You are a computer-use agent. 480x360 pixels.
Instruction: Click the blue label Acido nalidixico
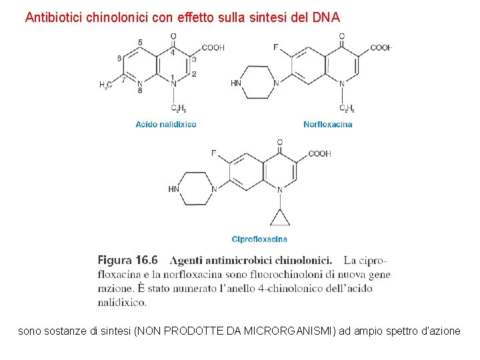166,124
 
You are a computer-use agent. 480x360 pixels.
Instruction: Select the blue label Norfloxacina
328,124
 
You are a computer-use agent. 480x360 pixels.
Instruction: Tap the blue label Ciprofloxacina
260,239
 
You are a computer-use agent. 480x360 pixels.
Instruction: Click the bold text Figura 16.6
128,260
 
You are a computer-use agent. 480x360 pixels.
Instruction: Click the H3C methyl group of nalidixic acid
105,85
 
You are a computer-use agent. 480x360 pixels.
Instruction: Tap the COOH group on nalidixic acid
213,47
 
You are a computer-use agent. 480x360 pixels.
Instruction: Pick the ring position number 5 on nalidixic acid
139,43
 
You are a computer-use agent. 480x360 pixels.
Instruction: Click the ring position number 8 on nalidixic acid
139,90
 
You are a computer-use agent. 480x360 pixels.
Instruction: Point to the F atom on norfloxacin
275,47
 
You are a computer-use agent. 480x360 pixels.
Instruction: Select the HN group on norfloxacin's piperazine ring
236,83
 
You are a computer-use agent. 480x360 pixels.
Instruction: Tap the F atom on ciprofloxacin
213,153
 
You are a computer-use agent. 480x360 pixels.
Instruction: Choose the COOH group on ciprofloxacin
319,154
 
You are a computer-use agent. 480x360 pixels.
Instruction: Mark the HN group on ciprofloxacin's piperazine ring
174,189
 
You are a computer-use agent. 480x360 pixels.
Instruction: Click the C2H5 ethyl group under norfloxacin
347,108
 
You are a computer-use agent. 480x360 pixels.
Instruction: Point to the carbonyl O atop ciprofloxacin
279,142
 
